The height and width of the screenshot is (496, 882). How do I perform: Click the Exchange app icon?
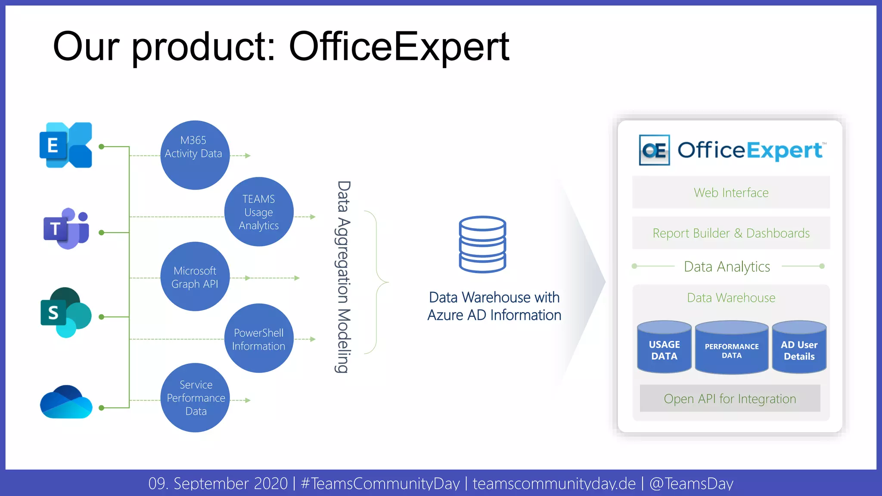(x=65, y=145)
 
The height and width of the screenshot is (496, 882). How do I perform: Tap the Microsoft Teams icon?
(x=66, y=229)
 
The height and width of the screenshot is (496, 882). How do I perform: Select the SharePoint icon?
(x=65, y=313)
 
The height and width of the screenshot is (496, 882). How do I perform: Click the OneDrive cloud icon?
(x=66, y=403)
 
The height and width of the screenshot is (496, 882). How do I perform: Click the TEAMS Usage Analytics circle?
(x=259, y=212)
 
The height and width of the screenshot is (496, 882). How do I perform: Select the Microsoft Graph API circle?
(x=195, y=276)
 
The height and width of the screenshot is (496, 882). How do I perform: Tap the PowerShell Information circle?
(x=259, y=338)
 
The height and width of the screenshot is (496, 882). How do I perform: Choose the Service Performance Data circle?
(x=195, y=398)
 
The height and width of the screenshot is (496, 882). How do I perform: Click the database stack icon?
(x=482, y=244)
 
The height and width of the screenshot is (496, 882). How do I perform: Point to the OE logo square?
(x=654, y=150)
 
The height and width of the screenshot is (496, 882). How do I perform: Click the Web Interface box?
(x=731, y=192)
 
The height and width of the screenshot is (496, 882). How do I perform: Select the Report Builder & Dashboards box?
(x=731, y=233)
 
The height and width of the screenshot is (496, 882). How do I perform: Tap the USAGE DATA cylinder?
(x=664, y=348)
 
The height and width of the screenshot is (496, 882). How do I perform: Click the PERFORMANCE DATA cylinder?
(x=732, y=349)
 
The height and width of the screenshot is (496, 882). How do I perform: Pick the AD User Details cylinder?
(x=799, y=348)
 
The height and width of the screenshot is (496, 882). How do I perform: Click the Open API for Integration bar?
(x=730, y=398)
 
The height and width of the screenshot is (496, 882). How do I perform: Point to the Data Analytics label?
(x=727, y=267)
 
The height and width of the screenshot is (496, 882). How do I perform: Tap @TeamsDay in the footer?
(x=691, y=484)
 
